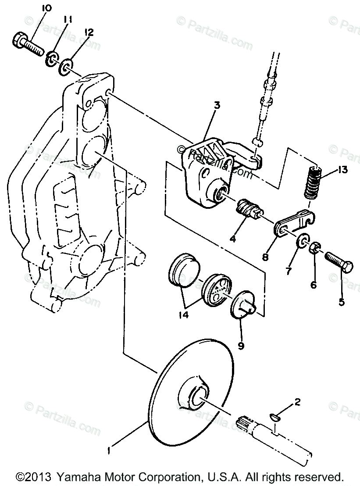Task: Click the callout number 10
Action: (46, 8)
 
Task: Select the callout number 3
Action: (217, 106)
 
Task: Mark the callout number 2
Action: (298, 401)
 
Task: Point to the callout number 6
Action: (313, 285)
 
